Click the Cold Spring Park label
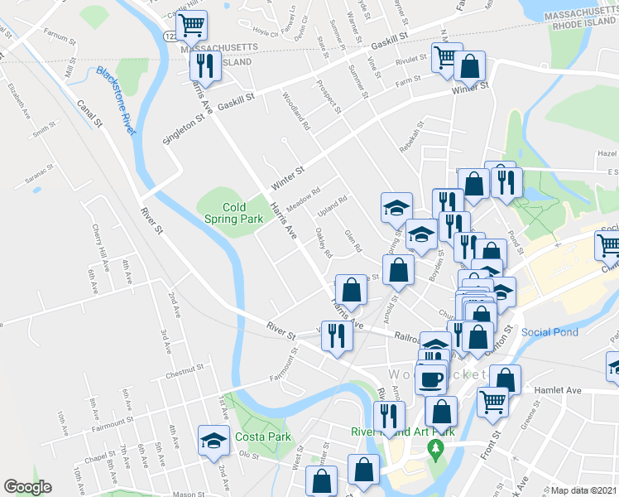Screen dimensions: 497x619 click(233, 213)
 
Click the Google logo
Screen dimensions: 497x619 click(27, 487)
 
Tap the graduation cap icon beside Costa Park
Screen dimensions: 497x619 click(214, 440)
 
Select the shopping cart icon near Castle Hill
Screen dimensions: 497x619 click(192, 26)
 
